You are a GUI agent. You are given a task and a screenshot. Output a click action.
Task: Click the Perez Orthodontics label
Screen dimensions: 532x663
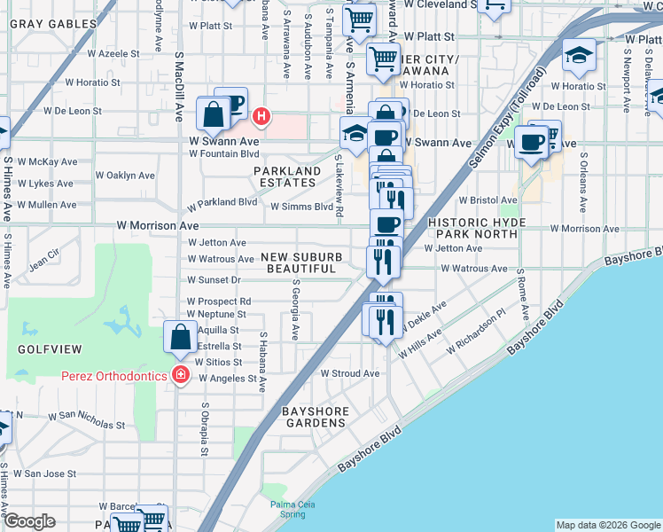coord(113,376)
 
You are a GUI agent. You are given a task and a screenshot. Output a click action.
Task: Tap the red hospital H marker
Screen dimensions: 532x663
coord(261,115)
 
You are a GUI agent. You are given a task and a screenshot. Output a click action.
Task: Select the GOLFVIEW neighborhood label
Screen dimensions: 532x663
coord(44,349)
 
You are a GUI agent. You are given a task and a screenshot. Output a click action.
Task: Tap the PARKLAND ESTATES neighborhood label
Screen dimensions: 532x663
coord(287,177)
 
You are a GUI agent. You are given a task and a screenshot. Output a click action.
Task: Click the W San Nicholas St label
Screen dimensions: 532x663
coord(70,415)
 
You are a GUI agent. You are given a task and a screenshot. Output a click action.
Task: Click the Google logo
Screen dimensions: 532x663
coord(30,521)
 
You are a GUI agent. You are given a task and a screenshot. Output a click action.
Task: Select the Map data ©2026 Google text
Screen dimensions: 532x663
coord(608,525)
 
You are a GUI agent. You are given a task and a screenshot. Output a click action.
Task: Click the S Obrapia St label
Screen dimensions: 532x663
coord(204,429)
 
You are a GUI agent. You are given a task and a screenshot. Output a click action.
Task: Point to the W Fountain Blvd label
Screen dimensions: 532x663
coord(223,153)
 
